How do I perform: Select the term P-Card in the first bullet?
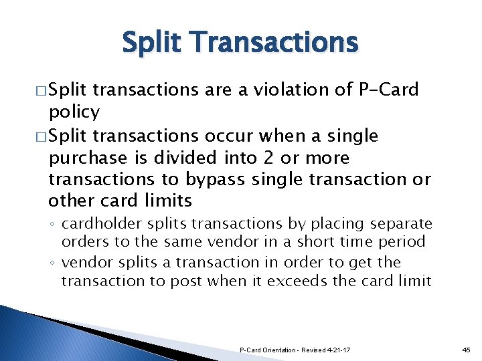coord(389,89)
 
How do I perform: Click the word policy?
coord(74,111)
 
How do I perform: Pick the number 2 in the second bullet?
coord(270,158)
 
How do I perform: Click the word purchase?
coord(88,158)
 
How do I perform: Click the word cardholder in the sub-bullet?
coord(100,223)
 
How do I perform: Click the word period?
coord(402,241)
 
